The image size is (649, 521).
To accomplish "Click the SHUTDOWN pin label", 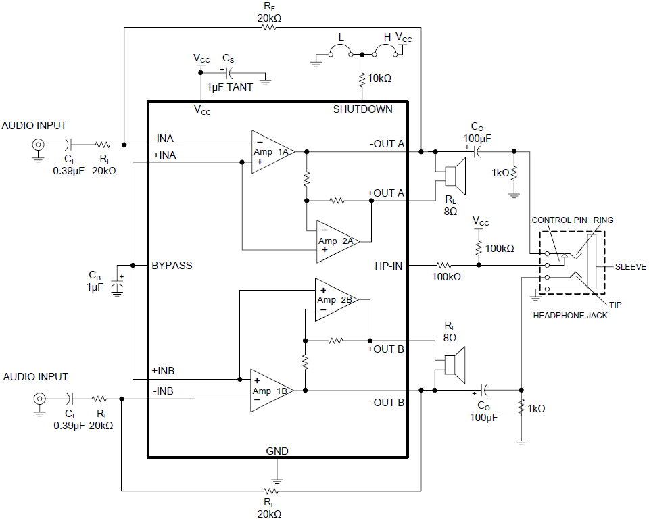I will pyautogui.click(x=362, y=109).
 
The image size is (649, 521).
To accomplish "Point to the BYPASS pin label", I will pyautogui.click(x=172, y=266).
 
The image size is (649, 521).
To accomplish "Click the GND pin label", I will pyautogui.click(x=277, y=450).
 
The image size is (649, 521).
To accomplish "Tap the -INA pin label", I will pyautogui.click(x=164, y=139).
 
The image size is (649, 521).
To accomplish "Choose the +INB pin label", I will pyautogui.click(x=164, y=371).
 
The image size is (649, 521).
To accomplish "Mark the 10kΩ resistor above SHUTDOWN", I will pyautogui.click(x=362, y=78).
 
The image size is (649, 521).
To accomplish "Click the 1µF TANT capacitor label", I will pyautogui.click(x=230, y=88).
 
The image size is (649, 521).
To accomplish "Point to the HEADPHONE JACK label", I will pyautogui.click(x=570, y=315).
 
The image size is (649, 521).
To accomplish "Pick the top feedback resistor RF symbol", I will pyautogui.click(x=270, y=28).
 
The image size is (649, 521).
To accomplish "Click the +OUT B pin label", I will pyautogui.click(x=385, y=349).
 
